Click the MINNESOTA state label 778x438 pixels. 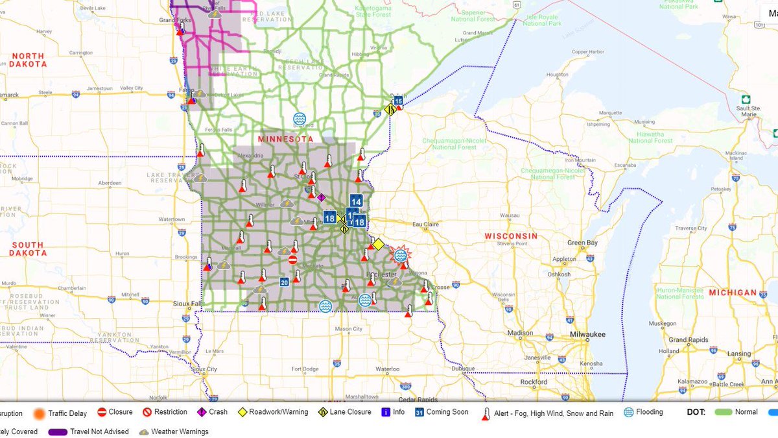coord(285,140)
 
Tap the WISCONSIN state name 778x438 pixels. coord(512,236)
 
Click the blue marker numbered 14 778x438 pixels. coord(355,201)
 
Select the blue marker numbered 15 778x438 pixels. coord(398,101)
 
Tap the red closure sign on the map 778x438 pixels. coord(292,260)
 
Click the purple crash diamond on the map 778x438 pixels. coord(321,197)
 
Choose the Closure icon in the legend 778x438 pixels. coord(102,412)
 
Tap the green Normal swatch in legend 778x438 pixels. coord(724,412)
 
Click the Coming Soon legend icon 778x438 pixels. coord(419,412)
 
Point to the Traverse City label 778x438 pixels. coord(691,228)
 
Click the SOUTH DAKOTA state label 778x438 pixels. coord(27,249)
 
